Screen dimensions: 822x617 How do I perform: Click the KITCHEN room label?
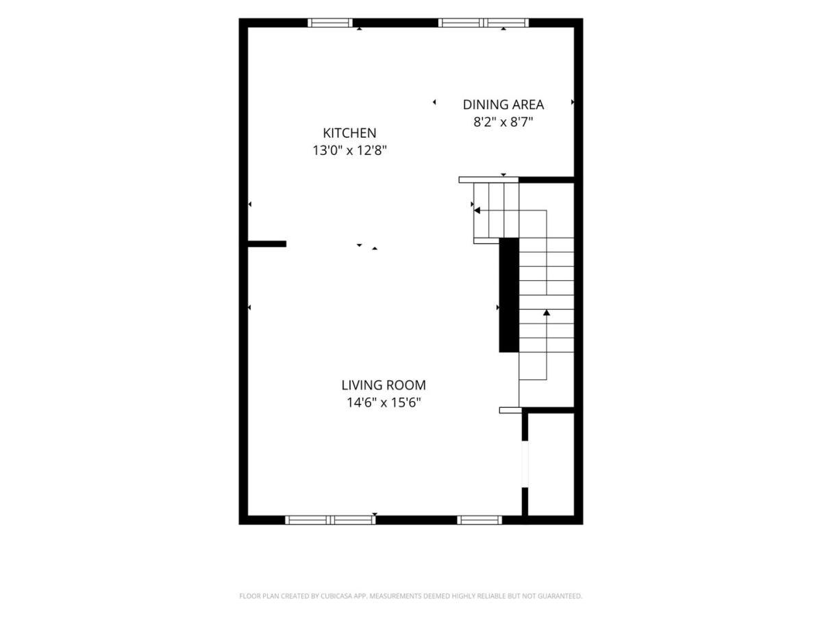point(349,133)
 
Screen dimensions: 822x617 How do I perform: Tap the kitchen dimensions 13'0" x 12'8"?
point(349,151)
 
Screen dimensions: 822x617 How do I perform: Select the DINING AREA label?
point(503,105)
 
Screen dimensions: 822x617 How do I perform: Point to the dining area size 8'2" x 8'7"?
point(503,122)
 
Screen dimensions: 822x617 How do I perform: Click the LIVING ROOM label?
point(384,385)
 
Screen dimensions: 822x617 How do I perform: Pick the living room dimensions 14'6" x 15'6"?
point(384,402)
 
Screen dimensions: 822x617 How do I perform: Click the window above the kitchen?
point(330,23)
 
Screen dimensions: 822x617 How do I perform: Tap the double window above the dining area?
point(484,23)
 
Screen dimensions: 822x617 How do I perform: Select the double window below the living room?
point(330,520)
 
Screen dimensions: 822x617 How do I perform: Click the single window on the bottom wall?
point(480,520)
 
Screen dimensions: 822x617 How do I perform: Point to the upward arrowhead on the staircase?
point(547,313)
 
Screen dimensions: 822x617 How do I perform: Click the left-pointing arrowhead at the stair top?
point(477,210)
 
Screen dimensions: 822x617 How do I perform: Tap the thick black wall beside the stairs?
point(509,295)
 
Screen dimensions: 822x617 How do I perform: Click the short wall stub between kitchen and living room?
point(267,244)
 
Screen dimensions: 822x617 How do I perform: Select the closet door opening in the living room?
point(525,464)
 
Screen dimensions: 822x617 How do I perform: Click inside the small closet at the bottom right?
point(551,465)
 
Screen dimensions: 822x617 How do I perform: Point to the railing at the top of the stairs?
point(488,180)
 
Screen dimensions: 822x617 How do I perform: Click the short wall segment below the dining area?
point(547,180)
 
